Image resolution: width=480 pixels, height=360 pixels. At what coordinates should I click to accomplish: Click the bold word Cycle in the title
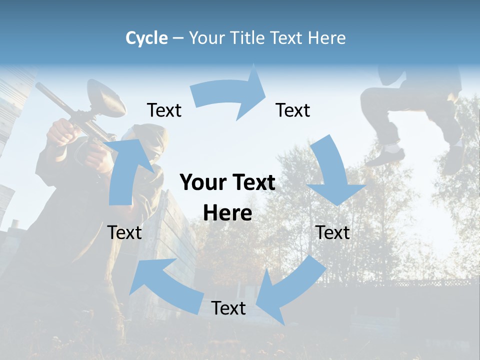click(146, 38)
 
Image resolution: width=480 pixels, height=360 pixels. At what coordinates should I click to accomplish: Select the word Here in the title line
click(326, 38)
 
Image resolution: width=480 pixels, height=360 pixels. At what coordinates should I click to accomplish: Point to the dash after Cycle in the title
click(177, 38)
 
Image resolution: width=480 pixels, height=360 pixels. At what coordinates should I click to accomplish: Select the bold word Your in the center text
click(200, 182)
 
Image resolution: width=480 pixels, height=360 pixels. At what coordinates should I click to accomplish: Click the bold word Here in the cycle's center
click(227, 213)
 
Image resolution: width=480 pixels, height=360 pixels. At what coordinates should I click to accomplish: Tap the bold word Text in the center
click(252, 182)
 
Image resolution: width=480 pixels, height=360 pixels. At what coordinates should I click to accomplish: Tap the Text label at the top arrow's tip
click(293, 110)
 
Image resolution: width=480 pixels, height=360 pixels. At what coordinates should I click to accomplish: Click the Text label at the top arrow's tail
click(164, 110)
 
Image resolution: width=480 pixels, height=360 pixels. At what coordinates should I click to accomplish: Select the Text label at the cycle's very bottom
click(228, 308)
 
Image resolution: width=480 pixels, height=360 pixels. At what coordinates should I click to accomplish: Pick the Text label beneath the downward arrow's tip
click(333, 232)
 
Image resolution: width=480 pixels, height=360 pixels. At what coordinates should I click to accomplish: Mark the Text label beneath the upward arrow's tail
click(124, 232)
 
